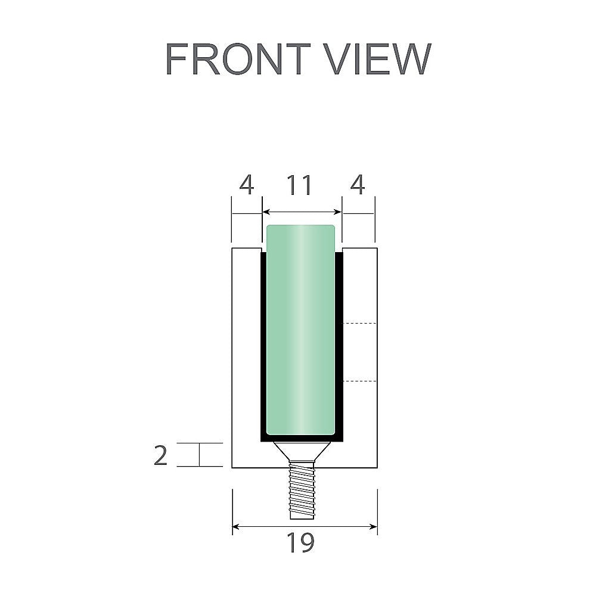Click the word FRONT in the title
click(237, 59)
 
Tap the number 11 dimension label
click(299, 186)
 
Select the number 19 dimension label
click(300, 543)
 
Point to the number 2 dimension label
click(161, 455)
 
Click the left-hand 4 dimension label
click(246, 186)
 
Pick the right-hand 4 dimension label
click(357, 186)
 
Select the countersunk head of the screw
click(301, 451)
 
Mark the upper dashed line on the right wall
click(360, 323)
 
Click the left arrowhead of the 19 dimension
click(236, 526)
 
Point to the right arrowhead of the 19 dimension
click(374, 526)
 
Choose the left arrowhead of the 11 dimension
click(266, 212)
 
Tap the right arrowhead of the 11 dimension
click(338, 212)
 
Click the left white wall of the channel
click(246, 358)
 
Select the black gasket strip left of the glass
click(263, 346)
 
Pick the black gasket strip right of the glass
click(340, 346)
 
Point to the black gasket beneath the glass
click(301, 438)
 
